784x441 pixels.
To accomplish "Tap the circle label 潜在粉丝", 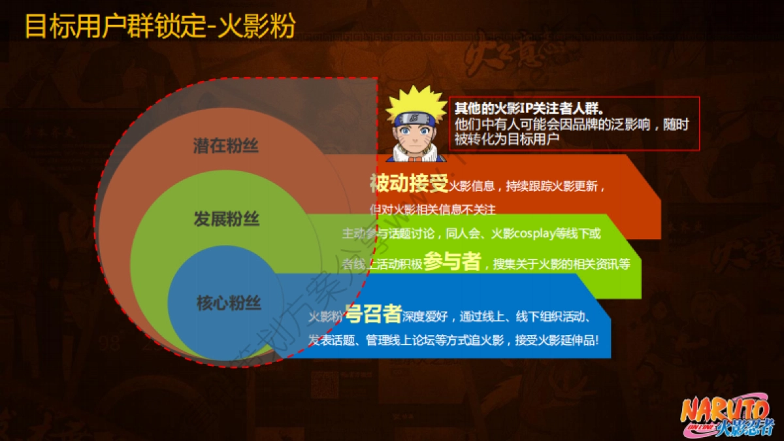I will pyautogui.click(x=226, y=146).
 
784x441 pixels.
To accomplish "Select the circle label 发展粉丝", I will pyautogui.click(x=226, y=220).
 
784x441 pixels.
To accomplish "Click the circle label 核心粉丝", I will pyautogui.click(x=229, y=303).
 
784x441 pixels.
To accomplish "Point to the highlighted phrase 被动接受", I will pyautogui.click(x=409, y=184).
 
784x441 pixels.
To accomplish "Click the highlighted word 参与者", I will pyautogui.click(x=452, y=262).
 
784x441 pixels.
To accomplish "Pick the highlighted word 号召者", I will pyautogui.click(x=373, y=315).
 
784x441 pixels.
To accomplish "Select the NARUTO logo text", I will pyautogui.click(x=725, y=411).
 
